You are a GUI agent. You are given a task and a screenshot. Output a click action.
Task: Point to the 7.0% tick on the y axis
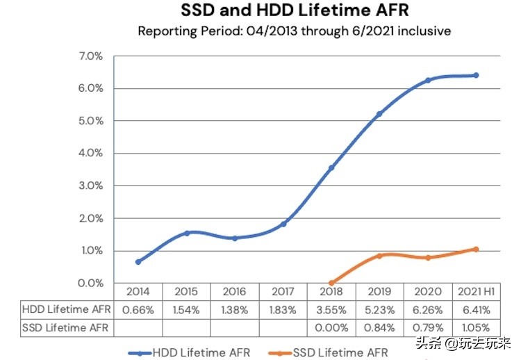(90, 56)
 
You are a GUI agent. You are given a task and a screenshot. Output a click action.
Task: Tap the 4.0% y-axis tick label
(90, 153)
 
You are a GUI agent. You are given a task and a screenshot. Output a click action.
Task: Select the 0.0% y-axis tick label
(90, 283)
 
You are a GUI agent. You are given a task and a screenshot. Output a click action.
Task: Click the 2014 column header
(138, 292)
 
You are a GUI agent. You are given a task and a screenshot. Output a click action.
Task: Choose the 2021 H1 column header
(477, 292)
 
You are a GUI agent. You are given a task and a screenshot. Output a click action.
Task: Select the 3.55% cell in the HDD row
(331, 309)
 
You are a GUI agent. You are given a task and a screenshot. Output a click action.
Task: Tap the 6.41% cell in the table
(477, 309)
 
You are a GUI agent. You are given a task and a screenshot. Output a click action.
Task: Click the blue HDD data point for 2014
(138, 262)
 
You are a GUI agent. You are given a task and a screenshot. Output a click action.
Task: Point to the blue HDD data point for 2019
(379, 114)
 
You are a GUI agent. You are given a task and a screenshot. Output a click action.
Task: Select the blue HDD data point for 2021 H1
(477, 75)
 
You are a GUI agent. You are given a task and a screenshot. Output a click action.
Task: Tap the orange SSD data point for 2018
(331, 283)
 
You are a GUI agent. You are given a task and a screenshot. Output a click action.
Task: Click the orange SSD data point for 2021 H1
(477, 249)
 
